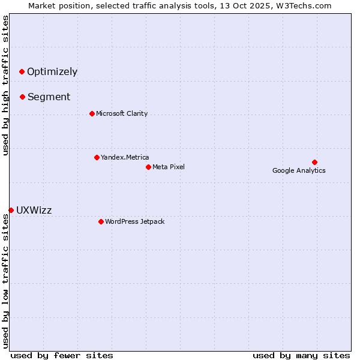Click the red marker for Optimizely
click(22, 72)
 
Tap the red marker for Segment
click(22, 97)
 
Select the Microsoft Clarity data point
click(92, 114)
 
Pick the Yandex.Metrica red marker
click(97, 158)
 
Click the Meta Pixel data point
click(148, 167)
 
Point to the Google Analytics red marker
click(314, 163)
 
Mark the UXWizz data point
click(11, 210)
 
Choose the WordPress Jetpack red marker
click(101, 222)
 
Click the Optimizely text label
click(52, 72)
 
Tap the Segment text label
click(49, 97)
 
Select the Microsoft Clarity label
click(122, 114)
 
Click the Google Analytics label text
click(299, 171)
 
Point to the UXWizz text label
click(34, 211)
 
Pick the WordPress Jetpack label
click(134, 222)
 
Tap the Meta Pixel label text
click(169, 167)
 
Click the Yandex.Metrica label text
click(125, 158)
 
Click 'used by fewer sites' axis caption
click(62, 355)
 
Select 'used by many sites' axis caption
click(301, 355)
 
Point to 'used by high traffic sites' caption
click(5, 85)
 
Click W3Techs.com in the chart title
click(304, 5)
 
